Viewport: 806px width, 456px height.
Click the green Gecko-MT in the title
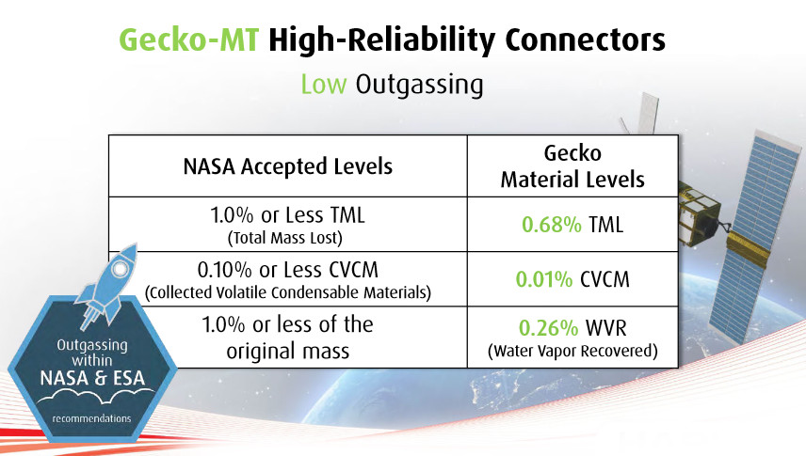188,39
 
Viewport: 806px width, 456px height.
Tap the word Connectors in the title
585,39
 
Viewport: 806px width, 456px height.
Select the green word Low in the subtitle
324,85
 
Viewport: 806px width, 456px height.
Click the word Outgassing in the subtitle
419,86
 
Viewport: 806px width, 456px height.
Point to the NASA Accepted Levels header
288,166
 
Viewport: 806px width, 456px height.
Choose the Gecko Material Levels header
572,165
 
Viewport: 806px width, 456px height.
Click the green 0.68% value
552,225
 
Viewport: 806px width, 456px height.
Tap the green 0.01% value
544,279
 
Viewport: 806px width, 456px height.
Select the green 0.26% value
548,327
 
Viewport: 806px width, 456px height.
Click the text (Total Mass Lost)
284,238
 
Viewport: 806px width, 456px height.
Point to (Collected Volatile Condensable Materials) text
288,292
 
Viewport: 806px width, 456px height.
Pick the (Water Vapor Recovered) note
572,351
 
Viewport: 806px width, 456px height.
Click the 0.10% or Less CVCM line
288,270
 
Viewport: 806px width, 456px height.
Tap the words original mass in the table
288,352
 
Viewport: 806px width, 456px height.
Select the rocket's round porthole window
121,269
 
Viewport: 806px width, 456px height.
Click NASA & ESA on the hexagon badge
92,378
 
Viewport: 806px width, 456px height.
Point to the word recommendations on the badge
91,418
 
